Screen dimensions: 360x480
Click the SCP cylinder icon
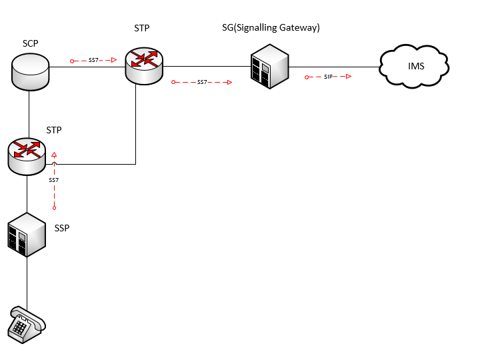[31, 72]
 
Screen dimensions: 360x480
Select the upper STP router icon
[143, 65]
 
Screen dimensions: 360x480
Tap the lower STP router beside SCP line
[27, 156]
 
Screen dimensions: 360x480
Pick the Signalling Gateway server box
[269, 66]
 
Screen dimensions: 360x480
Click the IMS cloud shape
[414, 67]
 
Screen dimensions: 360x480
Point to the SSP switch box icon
[26, 235]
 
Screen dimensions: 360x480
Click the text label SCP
[30, 44]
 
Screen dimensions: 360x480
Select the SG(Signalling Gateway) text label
[271, 27]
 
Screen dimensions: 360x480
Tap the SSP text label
[61, 228]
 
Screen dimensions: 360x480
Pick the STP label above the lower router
[55, 129]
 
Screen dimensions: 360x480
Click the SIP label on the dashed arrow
[328, 77]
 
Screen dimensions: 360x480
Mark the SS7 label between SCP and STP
[94, 61]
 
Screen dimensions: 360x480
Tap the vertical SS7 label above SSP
[54, 181]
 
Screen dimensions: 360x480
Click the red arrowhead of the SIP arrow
[348, 77]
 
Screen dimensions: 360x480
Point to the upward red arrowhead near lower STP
[54, 154]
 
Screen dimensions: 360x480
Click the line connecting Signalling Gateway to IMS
[333, 67]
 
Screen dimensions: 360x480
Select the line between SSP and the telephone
[27, 280]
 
